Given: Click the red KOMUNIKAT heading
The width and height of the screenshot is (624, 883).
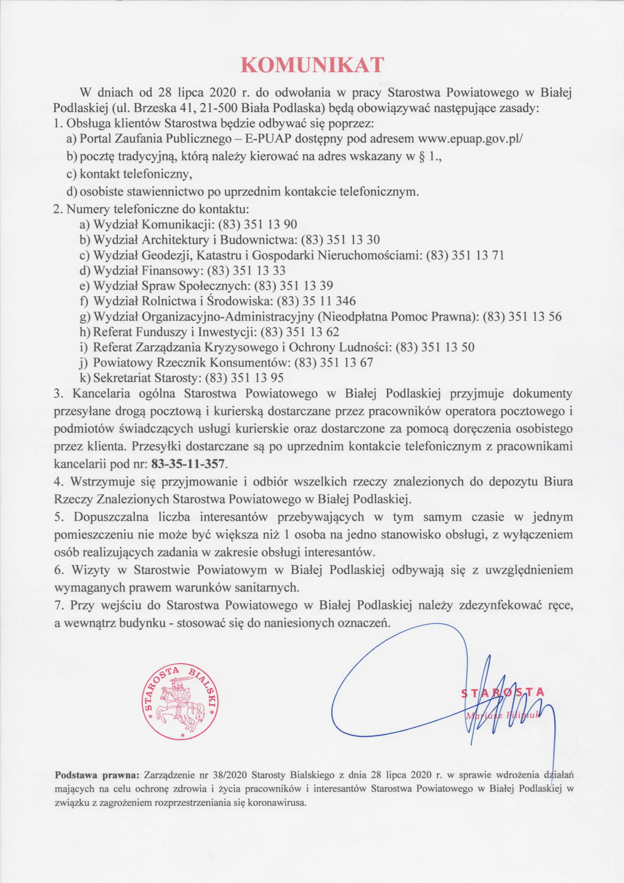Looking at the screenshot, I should point(313,65).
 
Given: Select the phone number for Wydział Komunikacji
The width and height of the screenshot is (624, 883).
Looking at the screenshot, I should point(257,225).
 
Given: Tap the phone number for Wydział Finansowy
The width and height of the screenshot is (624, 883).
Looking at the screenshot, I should point(246,271).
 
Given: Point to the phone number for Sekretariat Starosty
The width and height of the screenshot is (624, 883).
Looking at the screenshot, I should point(244,378).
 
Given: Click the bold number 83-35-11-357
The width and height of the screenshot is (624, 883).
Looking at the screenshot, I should point(188,464).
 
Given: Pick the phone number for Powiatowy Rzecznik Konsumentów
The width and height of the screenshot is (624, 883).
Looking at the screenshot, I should point(333,363).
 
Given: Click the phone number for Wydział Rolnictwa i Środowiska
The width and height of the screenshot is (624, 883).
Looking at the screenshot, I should point(316,301).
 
